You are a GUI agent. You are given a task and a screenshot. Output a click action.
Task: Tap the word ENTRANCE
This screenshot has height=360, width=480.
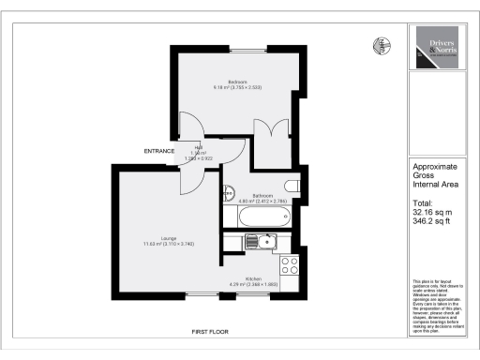pyautogui.click(x=160, y=151)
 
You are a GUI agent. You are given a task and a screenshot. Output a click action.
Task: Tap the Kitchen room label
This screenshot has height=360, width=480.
pyautogui.click(x=253, y=278)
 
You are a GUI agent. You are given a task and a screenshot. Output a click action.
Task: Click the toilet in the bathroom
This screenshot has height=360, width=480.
pyautogui.click(x=289, y=186)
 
